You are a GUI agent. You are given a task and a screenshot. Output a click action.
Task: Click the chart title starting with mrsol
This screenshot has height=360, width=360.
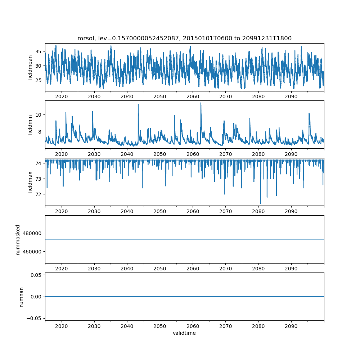tap(184, 38)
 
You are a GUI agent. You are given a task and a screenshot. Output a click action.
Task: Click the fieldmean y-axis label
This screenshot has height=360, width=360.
tap(30, 68)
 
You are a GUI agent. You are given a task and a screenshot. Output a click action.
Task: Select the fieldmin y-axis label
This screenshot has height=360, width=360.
tap(30, 125)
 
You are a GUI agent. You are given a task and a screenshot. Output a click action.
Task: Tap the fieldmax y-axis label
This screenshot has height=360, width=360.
tap(30, 182)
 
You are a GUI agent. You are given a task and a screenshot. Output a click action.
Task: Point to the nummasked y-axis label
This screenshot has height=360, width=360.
tap(18, 239)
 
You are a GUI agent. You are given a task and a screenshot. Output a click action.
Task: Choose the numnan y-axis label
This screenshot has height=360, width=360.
tap(21, 297)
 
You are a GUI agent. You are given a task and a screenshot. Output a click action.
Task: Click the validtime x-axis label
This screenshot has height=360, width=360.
tap(184, 333)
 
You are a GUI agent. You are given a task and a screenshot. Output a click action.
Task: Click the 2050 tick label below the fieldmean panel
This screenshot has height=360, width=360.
tap(160, 97)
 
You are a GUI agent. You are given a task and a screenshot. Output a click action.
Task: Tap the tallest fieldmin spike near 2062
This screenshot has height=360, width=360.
tap(201, 103)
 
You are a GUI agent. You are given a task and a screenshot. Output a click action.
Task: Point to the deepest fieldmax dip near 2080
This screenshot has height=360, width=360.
tap(260, 203)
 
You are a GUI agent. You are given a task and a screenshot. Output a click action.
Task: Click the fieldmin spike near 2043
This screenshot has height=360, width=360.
tap(138, 104)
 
